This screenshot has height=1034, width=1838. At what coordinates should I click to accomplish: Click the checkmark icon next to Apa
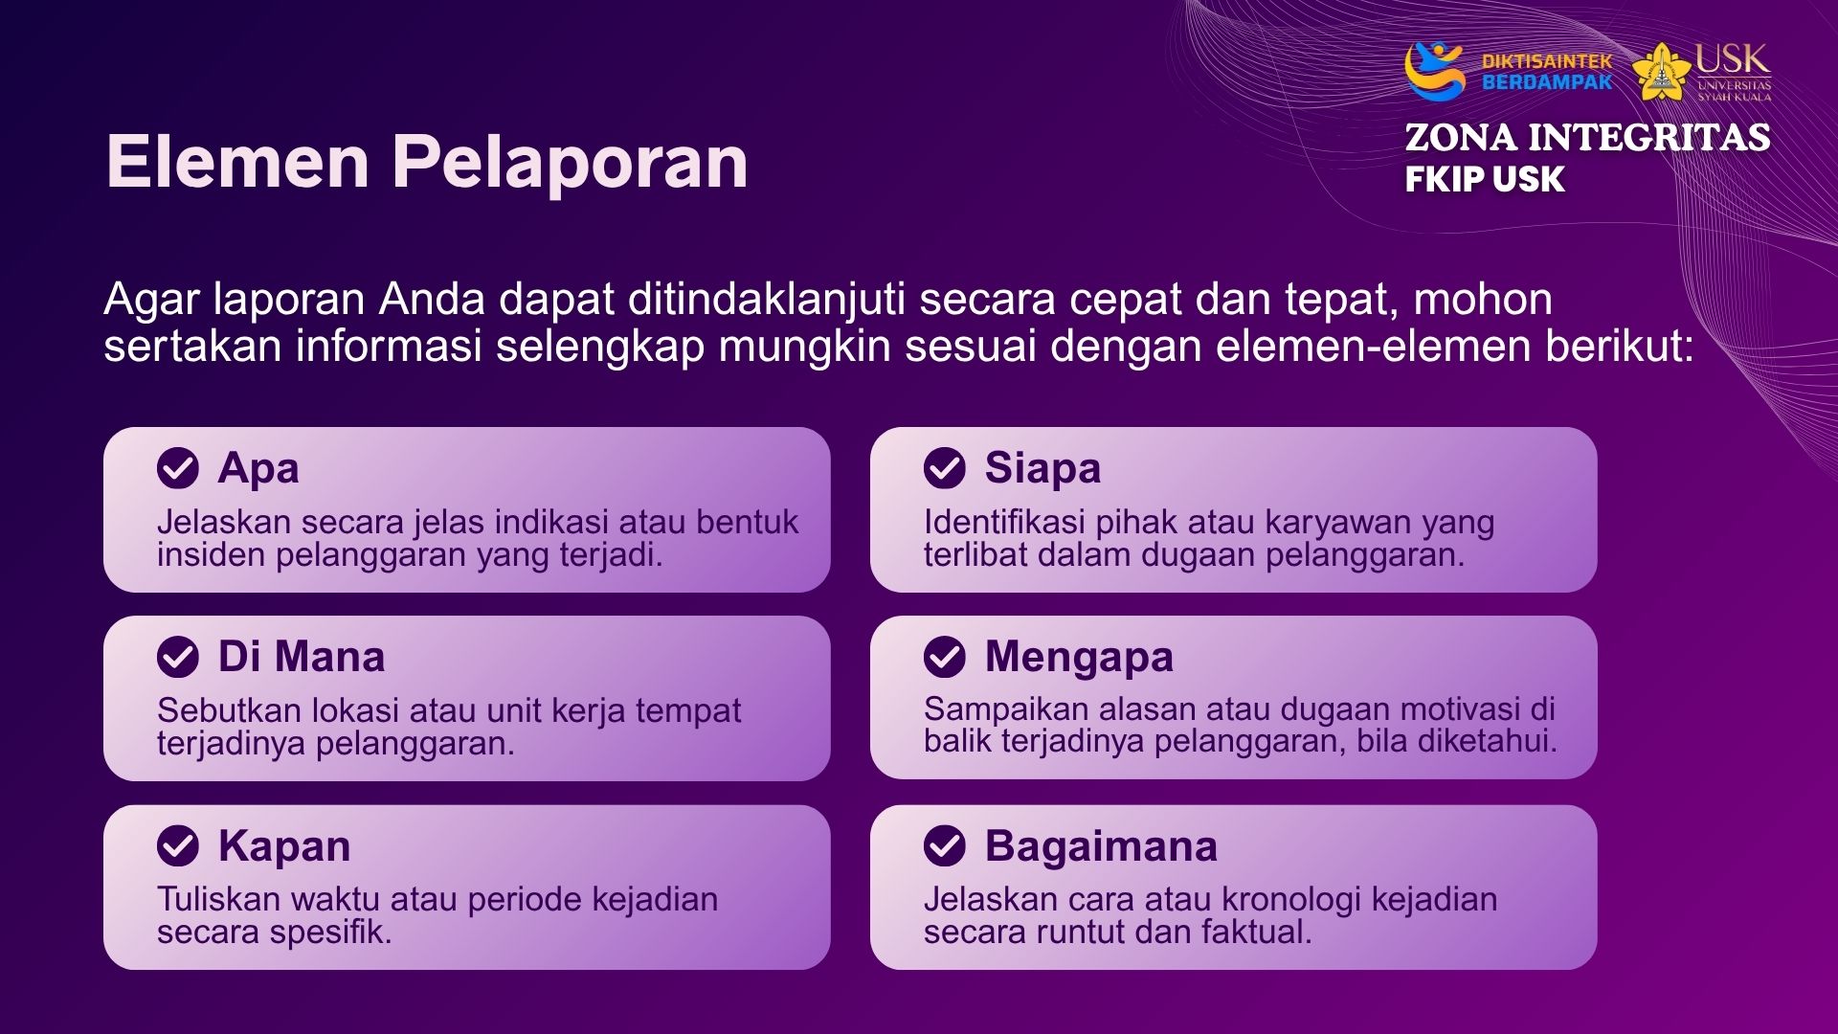(x=178, y=468)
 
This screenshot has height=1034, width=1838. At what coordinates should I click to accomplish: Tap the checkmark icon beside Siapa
(x=945, y=468)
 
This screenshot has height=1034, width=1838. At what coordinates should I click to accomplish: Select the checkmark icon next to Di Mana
(x=178, y=657)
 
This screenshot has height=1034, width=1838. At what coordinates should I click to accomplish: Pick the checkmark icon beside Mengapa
(x=945, y=657)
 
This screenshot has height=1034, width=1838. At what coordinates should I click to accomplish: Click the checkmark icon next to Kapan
(x=178, y=846)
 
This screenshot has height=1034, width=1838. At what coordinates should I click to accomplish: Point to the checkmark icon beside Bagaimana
(x=945, y=846)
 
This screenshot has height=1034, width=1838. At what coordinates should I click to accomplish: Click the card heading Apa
(x=258, y=469)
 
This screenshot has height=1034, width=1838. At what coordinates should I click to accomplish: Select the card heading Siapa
(x=1042, y=469)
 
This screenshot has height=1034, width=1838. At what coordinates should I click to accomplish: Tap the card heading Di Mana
(x=302, y=657)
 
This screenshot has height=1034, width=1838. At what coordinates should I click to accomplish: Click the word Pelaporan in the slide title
(x=570, y=163)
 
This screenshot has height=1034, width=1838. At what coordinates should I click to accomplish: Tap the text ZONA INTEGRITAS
(x=1587, y=138)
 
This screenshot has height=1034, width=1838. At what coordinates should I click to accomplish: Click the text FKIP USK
(x=1485, y=179)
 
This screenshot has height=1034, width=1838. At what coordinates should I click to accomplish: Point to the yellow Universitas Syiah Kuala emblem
(x=1661, y=72)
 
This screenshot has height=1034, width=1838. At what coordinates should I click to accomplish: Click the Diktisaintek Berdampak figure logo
(x=1434, y=71)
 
